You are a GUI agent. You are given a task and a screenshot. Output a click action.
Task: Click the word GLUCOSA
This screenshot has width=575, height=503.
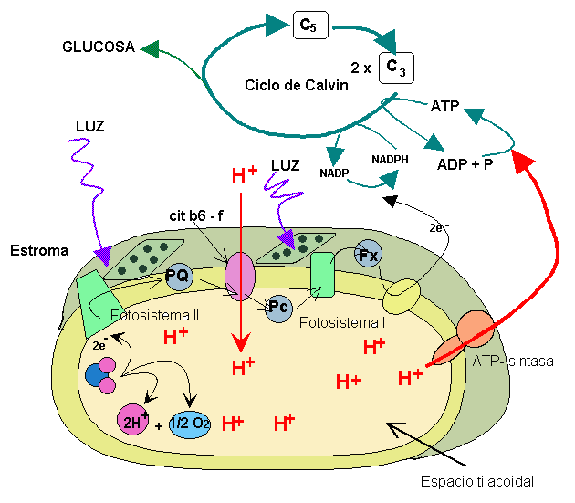(98, 46)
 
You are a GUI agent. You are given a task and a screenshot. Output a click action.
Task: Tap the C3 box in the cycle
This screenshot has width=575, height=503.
(396, 68)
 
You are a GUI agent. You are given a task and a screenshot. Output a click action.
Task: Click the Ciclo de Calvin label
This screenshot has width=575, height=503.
(296, 85)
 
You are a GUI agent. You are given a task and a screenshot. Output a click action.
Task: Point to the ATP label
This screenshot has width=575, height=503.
(444, 106)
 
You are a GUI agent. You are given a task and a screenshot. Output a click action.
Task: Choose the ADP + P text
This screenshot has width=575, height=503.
(465, 164)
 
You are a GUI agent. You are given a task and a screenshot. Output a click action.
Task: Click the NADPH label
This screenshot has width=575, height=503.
(390, 159)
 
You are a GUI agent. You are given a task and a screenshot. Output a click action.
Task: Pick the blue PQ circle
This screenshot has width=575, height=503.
(177, 275)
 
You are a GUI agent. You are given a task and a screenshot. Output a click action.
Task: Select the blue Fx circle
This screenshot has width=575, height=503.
(368, 255)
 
